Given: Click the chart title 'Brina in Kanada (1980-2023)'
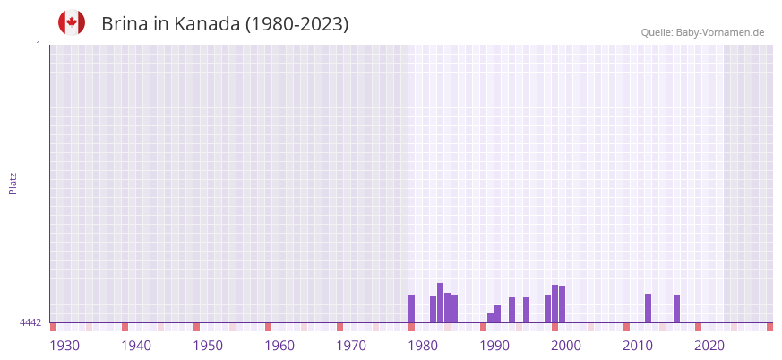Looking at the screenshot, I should click(225, 24).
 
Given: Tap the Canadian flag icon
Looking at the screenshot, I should click(72, 22).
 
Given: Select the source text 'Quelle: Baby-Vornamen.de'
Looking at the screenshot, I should click(702, 33).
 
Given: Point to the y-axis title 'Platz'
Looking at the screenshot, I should click(13, 183).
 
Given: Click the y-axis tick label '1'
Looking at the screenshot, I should click(38, 45).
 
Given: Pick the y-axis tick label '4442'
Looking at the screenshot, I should click(30, 322).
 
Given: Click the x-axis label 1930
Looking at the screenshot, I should click(64, 346).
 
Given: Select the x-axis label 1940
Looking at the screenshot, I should click(136, 346).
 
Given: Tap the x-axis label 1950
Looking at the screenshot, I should click(208, 346).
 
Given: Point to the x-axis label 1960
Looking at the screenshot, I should click(279, 346).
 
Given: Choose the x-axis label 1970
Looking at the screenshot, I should click(351, 346).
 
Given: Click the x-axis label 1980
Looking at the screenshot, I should click(423, 346).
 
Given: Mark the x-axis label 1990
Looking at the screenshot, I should click(494, 346).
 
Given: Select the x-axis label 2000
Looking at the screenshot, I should click(566, 346).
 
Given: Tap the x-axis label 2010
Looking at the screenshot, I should click(638, 346).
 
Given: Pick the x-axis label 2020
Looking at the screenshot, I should click(709, 346).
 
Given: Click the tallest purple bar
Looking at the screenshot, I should click(440, 303).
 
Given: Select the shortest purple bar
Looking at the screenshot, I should click(490, 318).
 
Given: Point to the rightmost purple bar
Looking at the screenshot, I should click(676, 308).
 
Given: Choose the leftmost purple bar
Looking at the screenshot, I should click(411, 308).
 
